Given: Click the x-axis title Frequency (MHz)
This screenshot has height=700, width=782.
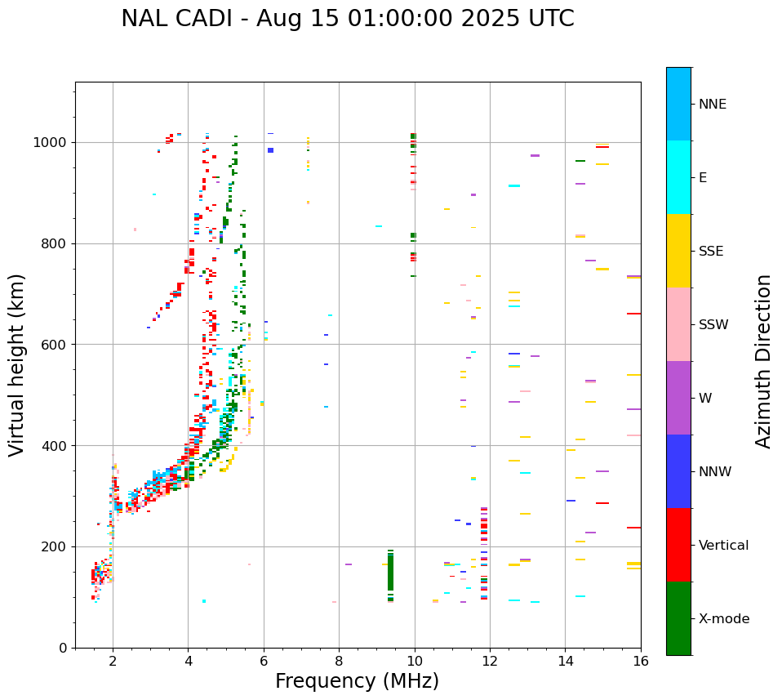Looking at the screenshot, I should (x=357, y=681).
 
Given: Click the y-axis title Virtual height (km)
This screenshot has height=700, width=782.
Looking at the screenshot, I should (x=17, y=365).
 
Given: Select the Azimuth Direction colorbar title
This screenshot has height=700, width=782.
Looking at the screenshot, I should (x=763, y=361).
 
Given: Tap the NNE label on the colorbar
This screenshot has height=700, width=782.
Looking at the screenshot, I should (x=712, y=105).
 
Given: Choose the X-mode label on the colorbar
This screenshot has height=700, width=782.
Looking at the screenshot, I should (x=723, y=619).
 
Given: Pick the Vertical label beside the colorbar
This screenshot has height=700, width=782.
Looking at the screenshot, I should (x=723, y=546).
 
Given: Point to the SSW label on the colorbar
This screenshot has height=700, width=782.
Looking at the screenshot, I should (x=713, y=325).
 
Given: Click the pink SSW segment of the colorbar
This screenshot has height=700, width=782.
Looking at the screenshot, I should (x=678, y=324).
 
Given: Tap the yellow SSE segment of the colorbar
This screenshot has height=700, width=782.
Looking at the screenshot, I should (x=678, y=251).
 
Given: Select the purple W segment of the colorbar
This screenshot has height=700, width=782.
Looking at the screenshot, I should (x=678, y=398).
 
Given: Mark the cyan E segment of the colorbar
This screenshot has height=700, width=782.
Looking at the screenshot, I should (x=678, y=177).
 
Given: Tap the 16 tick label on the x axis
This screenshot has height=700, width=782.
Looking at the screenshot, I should (x=640, y=661).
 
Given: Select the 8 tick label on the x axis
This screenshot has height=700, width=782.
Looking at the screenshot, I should (x=339, y=661).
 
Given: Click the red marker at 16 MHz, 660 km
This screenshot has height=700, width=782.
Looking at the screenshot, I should (x=633, y=314).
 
